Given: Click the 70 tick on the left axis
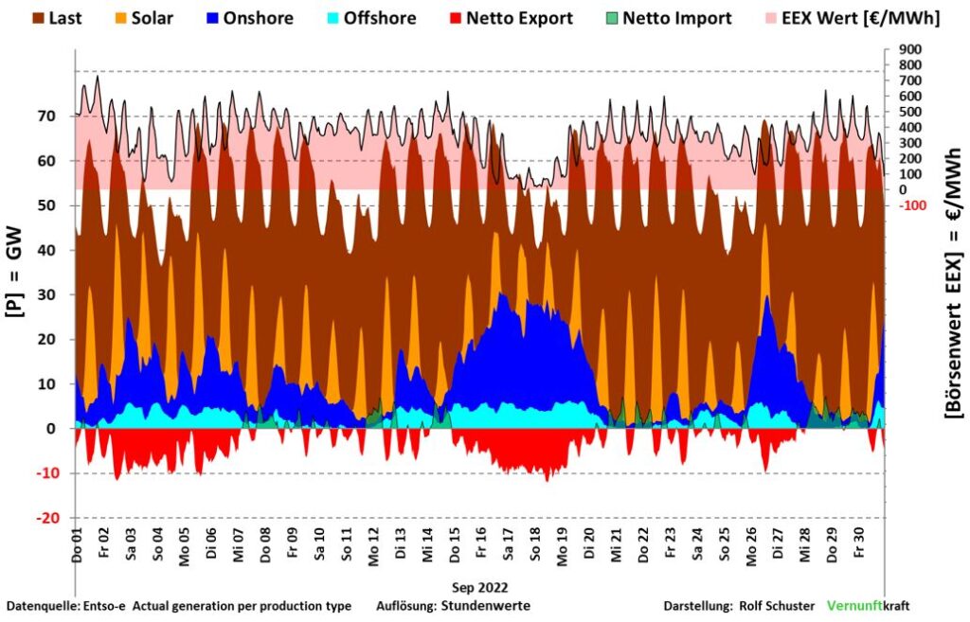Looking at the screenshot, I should [x=59, y=116].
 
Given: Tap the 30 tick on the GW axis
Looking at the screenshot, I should [x=59, y=294].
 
